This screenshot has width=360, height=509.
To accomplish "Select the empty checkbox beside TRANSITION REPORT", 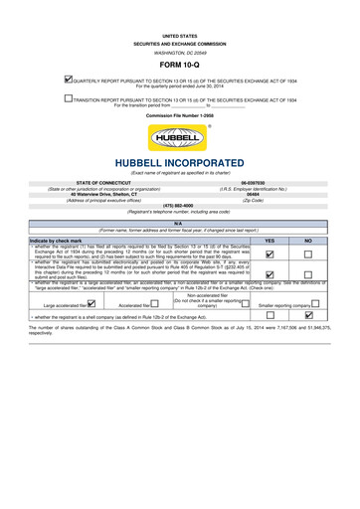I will [x=68, y=99].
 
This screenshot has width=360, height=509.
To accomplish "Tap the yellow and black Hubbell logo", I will [x=180, y=138].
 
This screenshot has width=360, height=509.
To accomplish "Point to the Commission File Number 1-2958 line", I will [x=180, y=116].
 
